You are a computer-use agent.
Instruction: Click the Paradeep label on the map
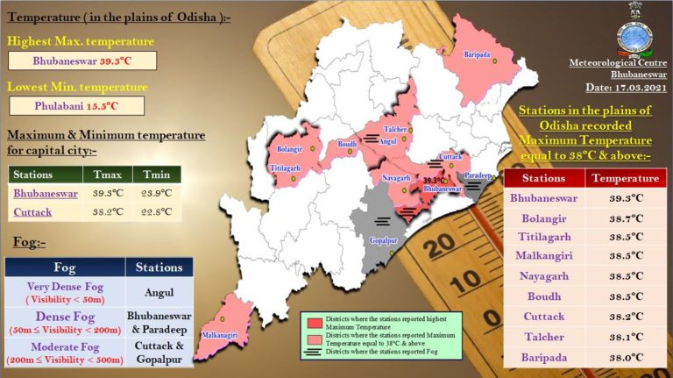478,175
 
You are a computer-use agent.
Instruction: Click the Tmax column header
108,174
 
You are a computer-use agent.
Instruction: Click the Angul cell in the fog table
158,292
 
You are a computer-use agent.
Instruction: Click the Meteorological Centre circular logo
634,36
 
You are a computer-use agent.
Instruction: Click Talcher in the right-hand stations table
543,336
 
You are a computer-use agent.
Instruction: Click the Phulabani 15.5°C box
82,105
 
